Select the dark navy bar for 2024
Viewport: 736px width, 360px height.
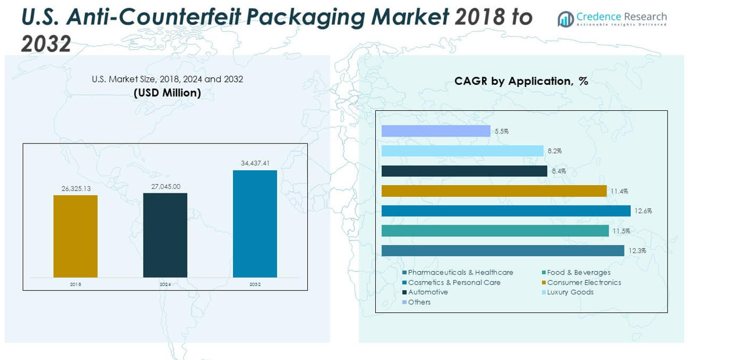click(x=165, y=235)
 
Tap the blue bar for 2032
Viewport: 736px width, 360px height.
click(x=255, y=224)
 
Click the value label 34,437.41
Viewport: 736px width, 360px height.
click(x=255, y=163)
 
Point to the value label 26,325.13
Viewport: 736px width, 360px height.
click(x=76, y=188)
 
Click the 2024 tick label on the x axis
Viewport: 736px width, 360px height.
click(x=165, y=285)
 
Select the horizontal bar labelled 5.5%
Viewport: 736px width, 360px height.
click(x=436, y=131)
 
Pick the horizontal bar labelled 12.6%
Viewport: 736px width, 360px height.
click(x=505, y=211)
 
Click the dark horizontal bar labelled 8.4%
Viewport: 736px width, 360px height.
click(x=464, y=171)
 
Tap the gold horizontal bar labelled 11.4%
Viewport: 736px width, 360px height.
click(x=494, y=191)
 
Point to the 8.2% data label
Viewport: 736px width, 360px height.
click(x=554, y=151)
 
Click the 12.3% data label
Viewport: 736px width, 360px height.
click(x=636, y=251)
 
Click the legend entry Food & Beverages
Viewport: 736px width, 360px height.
click(x=578, y=272)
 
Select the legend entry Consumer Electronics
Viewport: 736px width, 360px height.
click(x=583, y=282)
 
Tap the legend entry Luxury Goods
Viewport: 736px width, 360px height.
click(x=570, y=292)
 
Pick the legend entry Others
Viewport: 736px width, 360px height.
click(x=419, y=302)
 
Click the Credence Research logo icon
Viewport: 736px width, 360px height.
click(x=565, y=19)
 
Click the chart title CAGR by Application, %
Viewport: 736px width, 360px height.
click(x=521, y=81)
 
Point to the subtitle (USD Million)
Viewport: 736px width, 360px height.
click(x=167, y=93)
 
